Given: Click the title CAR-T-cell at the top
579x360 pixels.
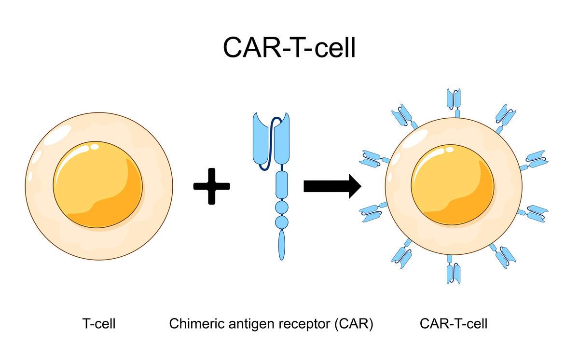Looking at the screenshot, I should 289,48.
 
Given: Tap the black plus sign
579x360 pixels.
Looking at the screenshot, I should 211,186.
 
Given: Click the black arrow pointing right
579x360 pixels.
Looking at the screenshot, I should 332,186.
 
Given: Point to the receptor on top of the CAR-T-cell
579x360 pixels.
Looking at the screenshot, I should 454,99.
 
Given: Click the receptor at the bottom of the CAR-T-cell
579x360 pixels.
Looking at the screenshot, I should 454,272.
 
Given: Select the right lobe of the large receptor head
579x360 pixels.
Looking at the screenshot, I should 281,140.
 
